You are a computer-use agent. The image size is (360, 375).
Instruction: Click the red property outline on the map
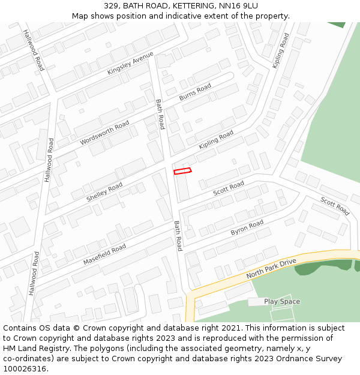coord(182,171)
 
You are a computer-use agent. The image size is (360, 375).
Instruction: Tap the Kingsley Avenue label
coord(131,63)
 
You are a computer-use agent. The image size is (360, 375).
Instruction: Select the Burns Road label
coord(195,92)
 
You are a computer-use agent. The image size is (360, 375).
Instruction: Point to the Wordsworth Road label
coord(104,133)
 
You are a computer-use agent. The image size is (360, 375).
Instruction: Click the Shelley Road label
coord(104,192)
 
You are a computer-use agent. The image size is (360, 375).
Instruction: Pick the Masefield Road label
coord(104,254)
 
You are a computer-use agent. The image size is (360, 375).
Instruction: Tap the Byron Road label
coord(247,227)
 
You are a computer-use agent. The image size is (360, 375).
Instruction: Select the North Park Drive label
coord(271,269)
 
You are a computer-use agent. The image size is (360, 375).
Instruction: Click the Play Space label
coord(282,302)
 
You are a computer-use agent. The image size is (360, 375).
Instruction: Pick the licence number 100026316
coord(24,368)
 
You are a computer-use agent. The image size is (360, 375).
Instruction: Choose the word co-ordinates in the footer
coord(26,359)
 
